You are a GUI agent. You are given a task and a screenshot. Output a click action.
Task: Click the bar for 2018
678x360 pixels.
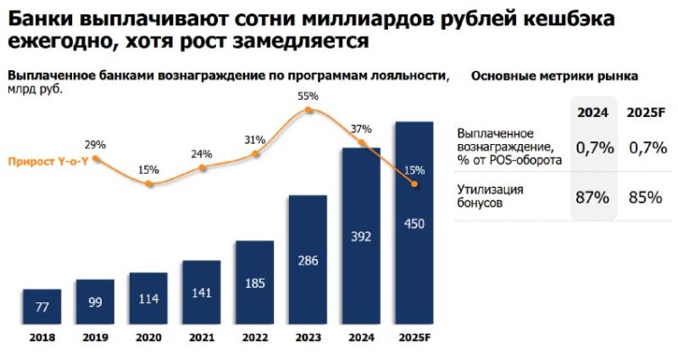pos(42,307)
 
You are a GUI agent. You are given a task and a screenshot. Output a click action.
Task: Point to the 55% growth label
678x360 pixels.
pos(309,94)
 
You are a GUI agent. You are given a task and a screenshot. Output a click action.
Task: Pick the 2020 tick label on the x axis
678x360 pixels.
pos(149,338)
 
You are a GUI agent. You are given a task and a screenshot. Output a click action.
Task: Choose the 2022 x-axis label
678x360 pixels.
pos(255,338)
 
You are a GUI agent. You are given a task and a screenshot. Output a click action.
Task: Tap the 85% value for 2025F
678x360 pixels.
pos(647,196)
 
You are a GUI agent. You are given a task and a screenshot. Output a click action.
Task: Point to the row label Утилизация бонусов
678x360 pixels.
pos(492,196)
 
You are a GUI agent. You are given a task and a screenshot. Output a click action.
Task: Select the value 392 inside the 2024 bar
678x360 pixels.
pos(361,237)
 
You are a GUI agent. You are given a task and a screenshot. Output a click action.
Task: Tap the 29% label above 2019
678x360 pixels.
pos(95,144)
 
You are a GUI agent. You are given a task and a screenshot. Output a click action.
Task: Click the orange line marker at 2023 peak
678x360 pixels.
pos(309,110)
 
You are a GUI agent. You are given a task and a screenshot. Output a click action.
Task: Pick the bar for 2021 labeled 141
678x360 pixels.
pos(202,292)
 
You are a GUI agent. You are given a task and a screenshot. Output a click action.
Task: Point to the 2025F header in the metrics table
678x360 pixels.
pos(647,112)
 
